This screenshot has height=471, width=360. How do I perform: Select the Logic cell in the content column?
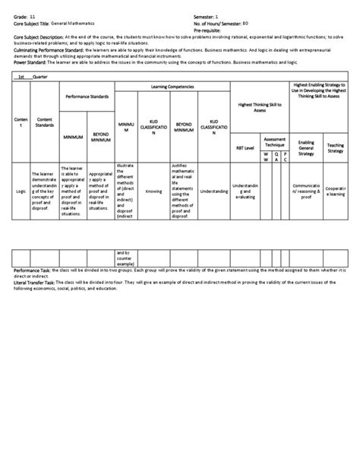coord(21,191)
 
